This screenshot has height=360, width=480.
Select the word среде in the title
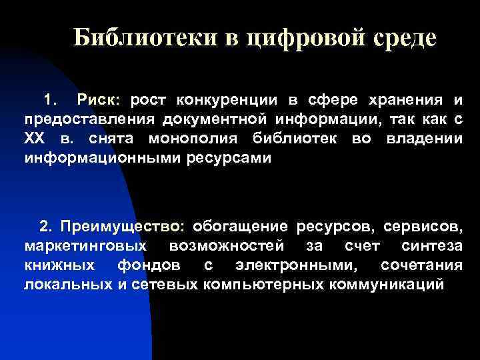tap(403, 37)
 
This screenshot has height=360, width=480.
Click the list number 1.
tap(49, 100)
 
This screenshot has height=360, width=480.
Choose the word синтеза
tap(432, 245)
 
